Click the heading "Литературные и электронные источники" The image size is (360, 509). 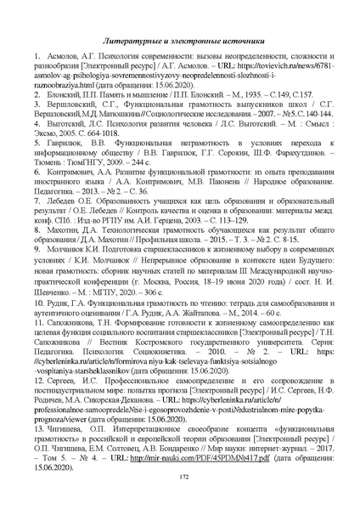pyautogui.click(x=179, y=41)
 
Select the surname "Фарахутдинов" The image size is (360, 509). pyautogui.click(x=267, y=183)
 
